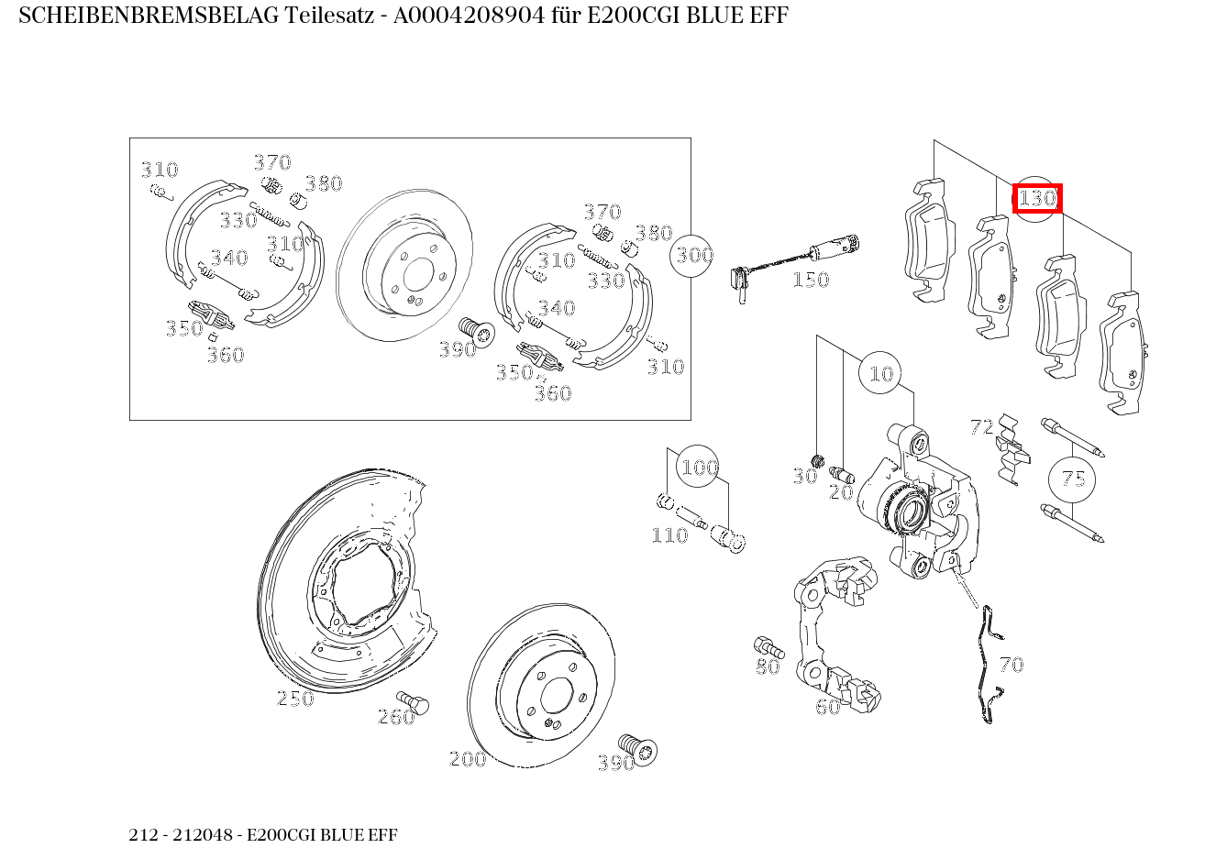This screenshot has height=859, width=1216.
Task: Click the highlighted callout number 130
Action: click(1037, 198)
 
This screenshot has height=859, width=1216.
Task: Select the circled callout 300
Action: click(694, 254)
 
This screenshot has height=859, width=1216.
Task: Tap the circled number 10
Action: click(880, 373)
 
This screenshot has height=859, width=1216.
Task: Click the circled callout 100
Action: click(699, 468)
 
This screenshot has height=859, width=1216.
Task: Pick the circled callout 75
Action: click(1073, 479)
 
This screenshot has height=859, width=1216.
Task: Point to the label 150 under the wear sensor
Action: click(810, 280)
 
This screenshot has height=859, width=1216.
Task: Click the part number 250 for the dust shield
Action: click(295, 699)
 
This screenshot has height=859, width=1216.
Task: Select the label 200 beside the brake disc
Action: click(468, 759)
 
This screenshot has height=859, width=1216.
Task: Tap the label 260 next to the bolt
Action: click(396, 717)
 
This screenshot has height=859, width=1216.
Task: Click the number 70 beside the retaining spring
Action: click(1011, 665)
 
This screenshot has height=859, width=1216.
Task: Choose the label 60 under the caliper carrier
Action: click(827, 707)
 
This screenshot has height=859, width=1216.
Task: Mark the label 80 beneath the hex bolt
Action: click(768, 666)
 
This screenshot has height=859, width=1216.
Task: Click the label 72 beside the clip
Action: click(981, 427)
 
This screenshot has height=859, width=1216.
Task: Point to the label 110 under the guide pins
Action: click(669, 535)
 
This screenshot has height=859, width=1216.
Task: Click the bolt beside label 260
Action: click(418, 703)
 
